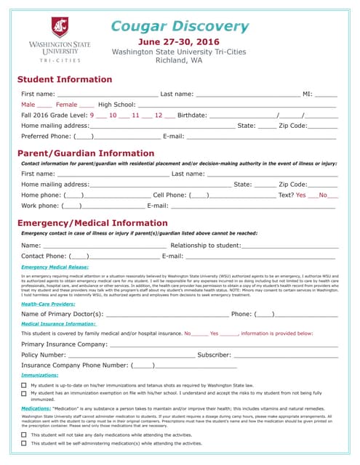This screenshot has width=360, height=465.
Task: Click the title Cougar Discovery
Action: [180, 27]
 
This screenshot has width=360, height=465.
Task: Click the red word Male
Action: [28, 105]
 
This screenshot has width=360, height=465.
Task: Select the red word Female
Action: [66, 105]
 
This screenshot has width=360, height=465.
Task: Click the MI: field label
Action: [308, 94]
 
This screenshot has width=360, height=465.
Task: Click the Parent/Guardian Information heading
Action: [86, 153]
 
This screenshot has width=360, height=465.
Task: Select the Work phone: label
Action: [40, 206]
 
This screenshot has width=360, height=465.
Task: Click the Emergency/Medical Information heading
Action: [92, 222]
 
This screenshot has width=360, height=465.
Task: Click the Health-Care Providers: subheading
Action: [48, 304]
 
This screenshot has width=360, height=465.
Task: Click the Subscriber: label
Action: [215, 355]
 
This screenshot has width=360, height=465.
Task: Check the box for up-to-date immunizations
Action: [24, 385]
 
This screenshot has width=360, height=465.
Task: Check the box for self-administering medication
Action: [24, 442]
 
